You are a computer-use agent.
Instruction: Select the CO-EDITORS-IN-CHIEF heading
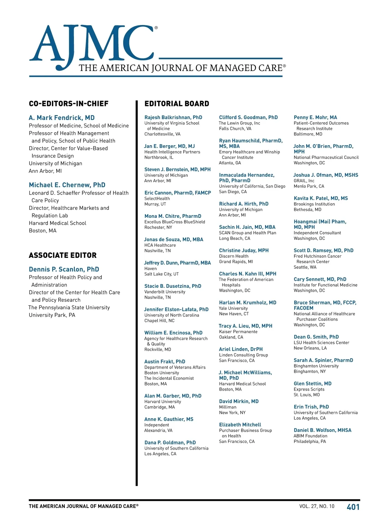pos(69,104)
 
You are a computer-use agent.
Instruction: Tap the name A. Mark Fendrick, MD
pos(62,118)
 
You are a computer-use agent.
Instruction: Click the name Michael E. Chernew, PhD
pos(67,185)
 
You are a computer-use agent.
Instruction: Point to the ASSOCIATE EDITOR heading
pos(63,255)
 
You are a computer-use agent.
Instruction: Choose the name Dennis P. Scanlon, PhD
pos(64,269)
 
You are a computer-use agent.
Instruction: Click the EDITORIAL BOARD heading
pos(177,104)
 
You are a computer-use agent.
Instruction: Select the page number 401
pos(353,507)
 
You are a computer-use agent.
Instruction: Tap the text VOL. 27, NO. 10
pos(317,506)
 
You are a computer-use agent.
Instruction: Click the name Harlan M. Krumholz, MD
pos(248,302)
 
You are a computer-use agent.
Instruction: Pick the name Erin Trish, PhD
pos(311,407)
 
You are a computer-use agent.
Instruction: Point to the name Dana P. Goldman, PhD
pos(170,442)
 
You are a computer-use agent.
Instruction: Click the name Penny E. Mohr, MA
pos(315,117)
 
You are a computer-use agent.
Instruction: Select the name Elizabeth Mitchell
pos(240,425)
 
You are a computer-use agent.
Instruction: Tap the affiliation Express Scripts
pos(309,389)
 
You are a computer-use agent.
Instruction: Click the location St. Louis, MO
pos(307,395)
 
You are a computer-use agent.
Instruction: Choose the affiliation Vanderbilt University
pos(165,292)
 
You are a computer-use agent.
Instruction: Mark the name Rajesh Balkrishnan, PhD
pos(173,117)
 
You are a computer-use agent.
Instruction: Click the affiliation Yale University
pos(233,308)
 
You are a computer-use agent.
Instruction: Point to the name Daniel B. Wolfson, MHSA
pos(322,430)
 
